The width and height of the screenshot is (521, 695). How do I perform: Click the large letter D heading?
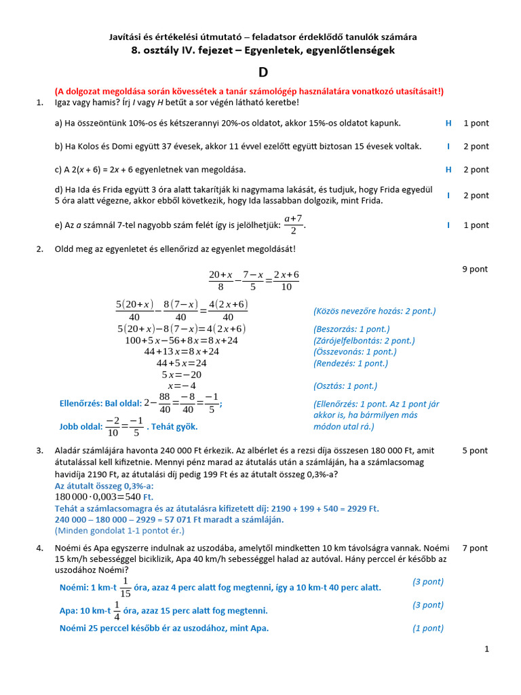tap(263, 73)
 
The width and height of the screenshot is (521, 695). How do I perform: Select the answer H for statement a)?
tap(448, 123)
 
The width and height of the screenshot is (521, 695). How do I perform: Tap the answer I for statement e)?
tap(448, 225)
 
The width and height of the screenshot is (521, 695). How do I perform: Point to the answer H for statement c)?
tap(448, 169)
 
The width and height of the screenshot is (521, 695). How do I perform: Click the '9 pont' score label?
tap(475, 269)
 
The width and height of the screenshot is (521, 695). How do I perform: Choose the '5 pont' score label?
tap(475, 450)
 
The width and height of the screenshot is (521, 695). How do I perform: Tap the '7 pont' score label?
tap(475, 548)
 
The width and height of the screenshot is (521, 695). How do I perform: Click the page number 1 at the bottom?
tap(486, 650)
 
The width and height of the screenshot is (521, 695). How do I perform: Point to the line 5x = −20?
tap(182, 374)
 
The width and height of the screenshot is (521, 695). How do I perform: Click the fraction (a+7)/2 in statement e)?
tap(294, 224)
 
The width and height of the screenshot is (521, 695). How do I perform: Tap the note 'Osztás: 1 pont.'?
tap(345, 386)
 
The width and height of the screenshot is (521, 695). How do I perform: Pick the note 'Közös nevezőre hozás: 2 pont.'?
tap(374, 311)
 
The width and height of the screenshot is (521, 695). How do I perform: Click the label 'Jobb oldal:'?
tap(81, 427)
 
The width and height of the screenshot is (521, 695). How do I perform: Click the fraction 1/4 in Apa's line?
tap(117, 610)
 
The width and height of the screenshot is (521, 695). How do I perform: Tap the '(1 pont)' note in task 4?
tap(428, 628)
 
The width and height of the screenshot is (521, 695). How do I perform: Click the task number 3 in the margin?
tap(39, 450)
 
